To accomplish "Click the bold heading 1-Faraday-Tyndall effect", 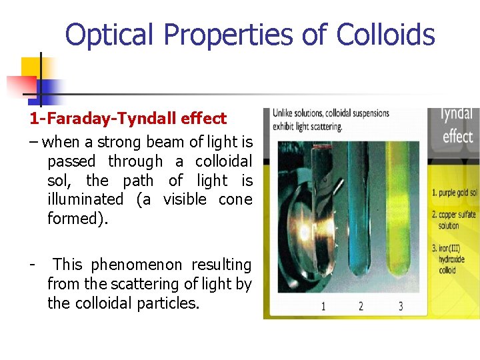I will coord(127,119).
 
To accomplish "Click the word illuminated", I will coord(85,199).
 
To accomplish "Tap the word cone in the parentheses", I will coord(235,199).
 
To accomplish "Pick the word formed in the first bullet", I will coord(73,219).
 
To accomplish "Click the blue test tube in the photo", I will coord(362,213).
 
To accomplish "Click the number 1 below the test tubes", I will coord(323,307).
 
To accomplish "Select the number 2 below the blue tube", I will coord(361,307).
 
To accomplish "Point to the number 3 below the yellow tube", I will coord(400,307).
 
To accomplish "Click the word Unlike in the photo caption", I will coord(285,113).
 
